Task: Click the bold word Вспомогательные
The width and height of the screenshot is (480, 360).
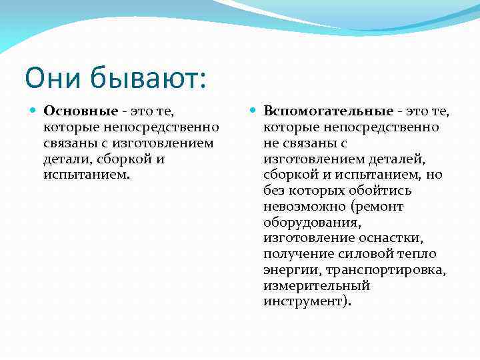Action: coord(328,111)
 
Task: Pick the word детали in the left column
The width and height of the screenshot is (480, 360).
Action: coord(65,159)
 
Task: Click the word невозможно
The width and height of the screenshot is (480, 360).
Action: coord(301,207)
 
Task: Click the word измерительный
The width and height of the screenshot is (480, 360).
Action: coord(316,286)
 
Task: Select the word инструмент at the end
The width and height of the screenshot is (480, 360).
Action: coord(303,301)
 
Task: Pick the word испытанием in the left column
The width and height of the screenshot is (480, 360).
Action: coord(86,175)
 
